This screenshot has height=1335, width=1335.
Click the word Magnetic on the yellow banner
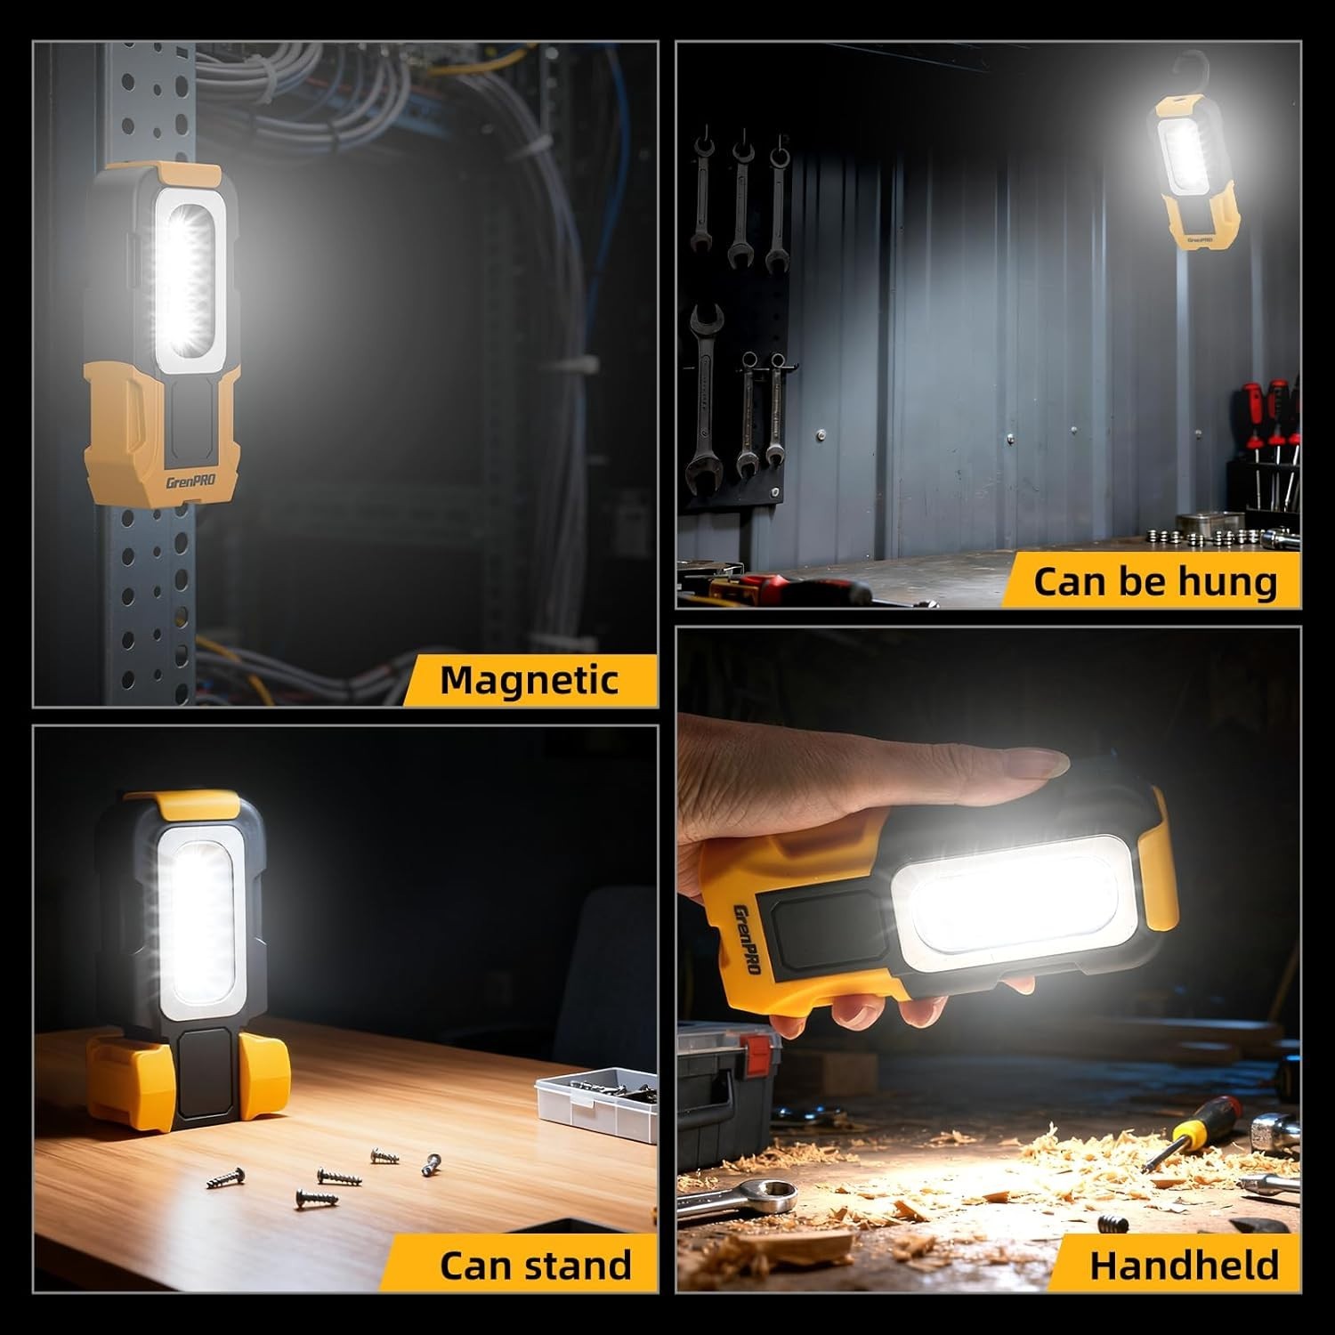click(x=529, y=680)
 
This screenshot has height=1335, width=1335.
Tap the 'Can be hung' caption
click(x=1154, y=581)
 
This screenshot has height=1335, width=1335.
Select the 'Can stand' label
click(x=535, y=1265)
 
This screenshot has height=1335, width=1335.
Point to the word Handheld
click(x=1184, y=1265)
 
